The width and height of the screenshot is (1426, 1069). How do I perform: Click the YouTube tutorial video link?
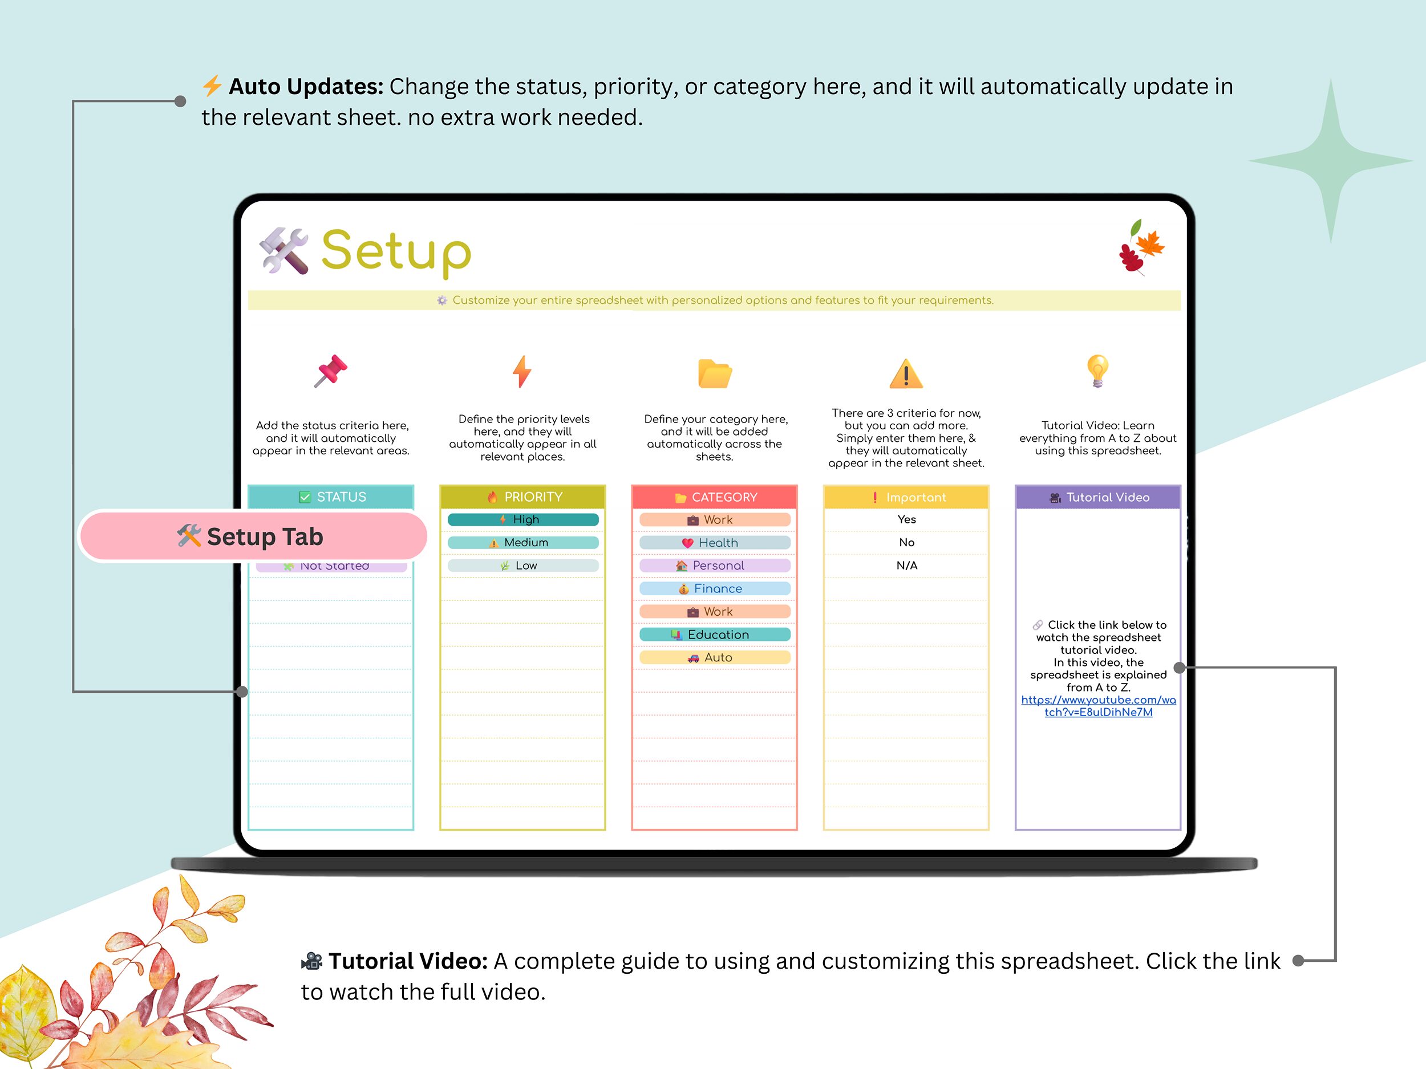point(1098,706)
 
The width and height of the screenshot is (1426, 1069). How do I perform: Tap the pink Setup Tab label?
point(253,536)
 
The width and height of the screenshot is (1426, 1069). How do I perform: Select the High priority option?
point(523,519)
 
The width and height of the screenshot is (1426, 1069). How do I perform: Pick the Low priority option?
point(523,566)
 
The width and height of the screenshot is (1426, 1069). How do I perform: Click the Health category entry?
point(714,543)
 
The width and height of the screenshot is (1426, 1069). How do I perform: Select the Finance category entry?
point(714,588)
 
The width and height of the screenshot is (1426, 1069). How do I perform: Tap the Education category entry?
point(714,635)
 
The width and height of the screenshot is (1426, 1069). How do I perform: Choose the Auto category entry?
point(714,657)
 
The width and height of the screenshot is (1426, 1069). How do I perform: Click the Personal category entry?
point(714,566)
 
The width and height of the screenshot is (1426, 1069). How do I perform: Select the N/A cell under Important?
point(906,566)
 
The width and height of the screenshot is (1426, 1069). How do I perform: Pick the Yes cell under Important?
point(906,519)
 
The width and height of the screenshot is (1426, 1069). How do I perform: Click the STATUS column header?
point(331,497)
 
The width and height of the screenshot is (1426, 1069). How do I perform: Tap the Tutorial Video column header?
point(1098,497)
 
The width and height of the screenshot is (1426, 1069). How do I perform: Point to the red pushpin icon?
point(331,371)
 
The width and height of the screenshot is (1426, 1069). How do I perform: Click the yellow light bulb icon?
point(1097,371)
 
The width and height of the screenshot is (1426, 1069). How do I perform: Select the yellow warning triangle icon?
point(906,374)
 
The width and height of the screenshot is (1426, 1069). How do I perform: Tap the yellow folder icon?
point(714,374)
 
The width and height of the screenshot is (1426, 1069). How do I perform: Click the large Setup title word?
point(396,251)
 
